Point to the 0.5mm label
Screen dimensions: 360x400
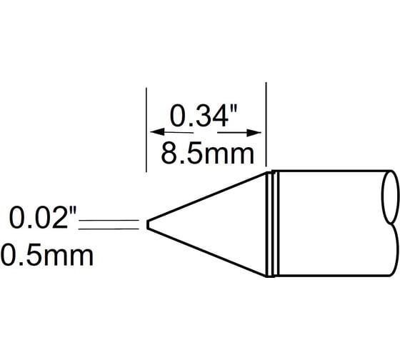point(47,255)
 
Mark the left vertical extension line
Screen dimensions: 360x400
point(146,129)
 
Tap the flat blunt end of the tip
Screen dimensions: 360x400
point(147,224)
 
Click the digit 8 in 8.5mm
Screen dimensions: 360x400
point(169,153)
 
